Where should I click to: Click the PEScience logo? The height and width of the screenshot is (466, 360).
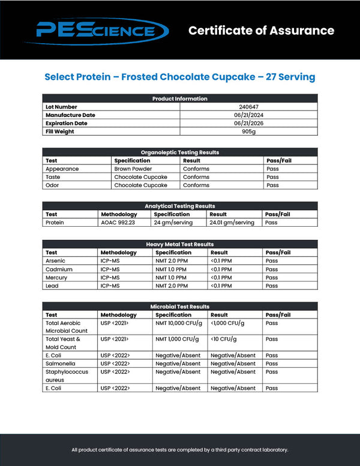point(102,30)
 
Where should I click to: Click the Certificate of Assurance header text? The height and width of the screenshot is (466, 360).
point(261,31)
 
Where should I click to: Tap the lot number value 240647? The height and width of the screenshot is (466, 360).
point(248,107)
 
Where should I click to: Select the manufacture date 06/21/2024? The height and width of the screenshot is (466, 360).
point(248,115)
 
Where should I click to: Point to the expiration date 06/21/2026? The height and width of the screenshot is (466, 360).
point(248,124)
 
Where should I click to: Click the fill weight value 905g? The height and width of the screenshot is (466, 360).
point(248,131)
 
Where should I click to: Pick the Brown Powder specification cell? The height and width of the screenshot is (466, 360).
point(133,169)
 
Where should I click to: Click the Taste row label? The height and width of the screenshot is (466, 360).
point(53,178)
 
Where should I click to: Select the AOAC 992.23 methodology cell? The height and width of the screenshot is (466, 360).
point(119,223)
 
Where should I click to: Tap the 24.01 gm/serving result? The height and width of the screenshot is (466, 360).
point(232,223)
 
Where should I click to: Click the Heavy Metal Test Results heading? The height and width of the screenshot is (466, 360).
point(180,245)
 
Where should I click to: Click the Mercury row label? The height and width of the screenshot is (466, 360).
point(56,278)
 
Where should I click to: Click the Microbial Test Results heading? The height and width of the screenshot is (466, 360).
point(180,306)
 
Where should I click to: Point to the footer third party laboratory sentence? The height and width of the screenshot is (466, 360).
point(180,449)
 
